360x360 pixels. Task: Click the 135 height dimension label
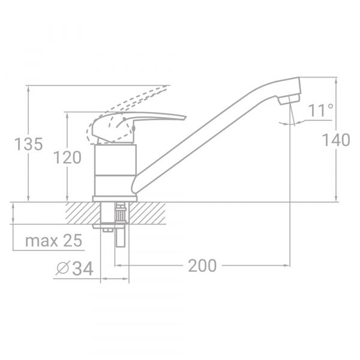coord(29,145)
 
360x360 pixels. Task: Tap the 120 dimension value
coord(67,158)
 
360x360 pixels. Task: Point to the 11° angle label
coord(322,110)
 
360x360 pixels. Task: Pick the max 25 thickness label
coord(53,241)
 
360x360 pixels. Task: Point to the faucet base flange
coord(115,199)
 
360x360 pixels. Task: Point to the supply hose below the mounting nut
coord(119,238)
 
